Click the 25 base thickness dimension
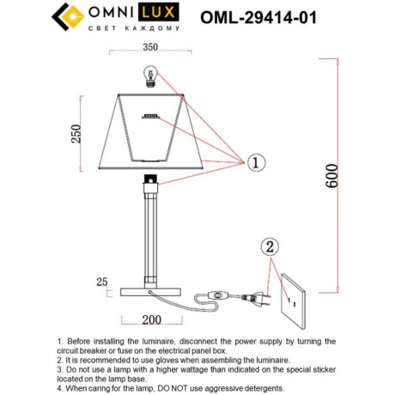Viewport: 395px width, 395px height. (x=102, y=281)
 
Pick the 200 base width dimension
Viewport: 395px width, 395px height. (x=151, y=320)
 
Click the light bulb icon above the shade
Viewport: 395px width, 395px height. (x=152, y=79)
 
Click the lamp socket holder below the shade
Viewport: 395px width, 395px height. (x=152, y=180)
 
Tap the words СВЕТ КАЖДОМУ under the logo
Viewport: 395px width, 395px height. (x=134, y=28)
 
